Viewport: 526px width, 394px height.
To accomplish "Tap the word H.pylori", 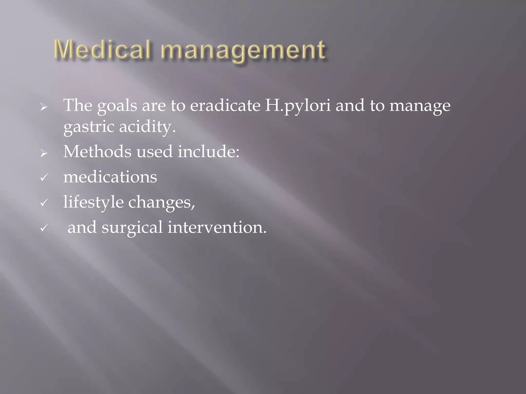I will pyautogui.click(x=298, y=106).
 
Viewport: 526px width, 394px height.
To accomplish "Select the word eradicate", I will pyautogui.click(x=225, y=105).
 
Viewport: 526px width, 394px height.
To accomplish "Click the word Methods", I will pyautogui.click(x=97, y=151).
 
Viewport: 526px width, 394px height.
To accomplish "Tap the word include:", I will pyautogui.click(x=208, y=151).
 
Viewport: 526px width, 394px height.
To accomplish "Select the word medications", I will pyautogui.click(x=110, y=177).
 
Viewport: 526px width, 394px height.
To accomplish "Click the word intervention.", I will pyautogui.click(x=217, y=227).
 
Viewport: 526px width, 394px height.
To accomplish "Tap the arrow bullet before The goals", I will pyautogui.click(x=44, y=107).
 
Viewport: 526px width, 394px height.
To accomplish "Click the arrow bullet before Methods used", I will pyautogui.click(x=44, y=153).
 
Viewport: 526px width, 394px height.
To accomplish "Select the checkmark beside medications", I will pyautogui.click(x=44, y=177).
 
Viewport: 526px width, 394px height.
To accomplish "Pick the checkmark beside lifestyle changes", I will pyautogui.click(x=44, y=203).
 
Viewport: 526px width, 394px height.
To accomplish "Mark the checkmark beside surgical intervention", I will pyautogui.click(x=44, y=228).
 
